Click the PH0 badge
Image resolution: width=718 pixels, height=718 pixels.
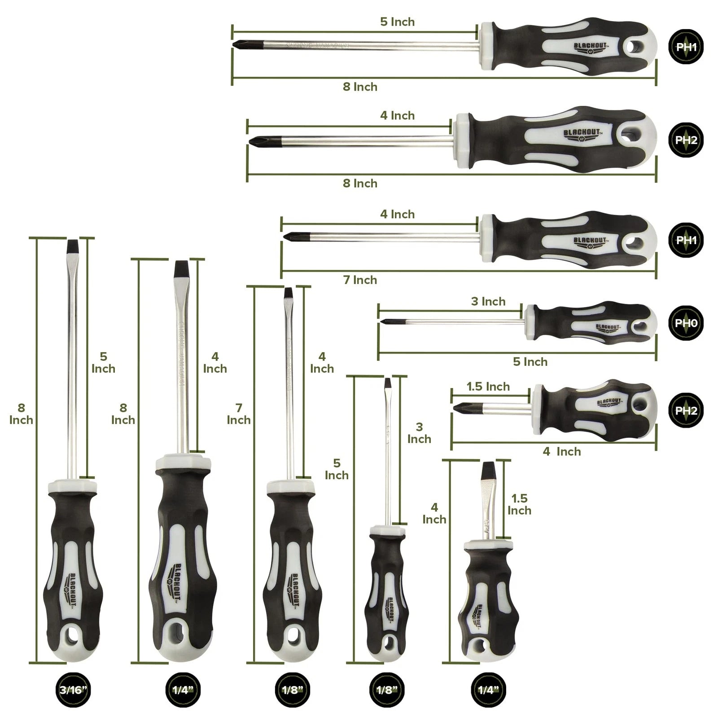point(686,323)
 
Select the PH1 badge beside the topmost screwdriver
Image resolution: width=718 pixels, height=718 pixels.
point(686,47)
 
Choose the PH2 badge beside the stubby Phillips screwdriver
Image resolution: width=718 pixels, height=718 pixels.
point(686,411)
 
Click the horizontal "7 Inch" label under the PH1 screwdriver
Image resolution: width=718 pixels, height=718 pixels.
point(360,280)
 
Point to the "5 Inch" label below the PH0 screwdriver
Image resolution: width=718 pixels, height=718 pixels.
point(530,362)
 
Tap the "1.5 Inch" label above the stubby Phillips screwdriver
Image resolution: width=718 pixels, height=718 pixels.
point(488,386)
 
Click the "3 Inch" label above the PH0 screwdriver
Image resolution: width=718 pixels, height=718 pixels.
point(488,302)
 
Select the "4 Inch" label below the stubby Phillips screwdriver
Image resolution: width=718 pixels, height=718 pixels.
point(561,451)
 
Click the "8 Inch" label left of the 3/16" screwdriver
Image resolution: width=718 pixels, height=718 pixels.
point(21,414)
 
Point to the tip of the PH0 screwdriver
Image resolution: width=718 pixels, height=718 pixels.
point(384,321)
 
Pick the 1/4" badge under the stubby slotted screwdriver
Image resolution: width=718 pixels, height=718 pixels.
point(486,690)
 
